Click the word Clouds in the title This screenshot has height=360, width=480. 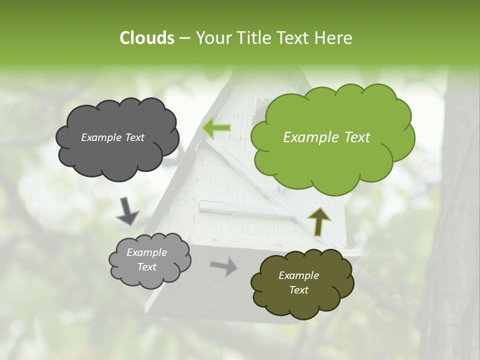(x=146, y=38)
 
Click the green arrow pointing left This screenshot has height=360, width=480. (x=216, y=128)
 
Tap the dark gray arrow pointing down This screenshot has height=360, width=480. (x=127, y=211)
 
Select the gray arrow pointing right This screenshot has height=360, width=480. (x=224, y=266)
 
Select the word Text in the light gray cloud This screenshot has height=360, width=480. (x=147, y=267)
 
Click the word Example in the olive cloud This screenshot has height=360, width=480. (x=298, y=275)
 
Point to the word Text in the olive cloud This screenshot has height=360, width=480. (x=298, y=290)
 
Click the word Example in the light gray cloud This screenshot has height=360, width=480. (x=147, y=252)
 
